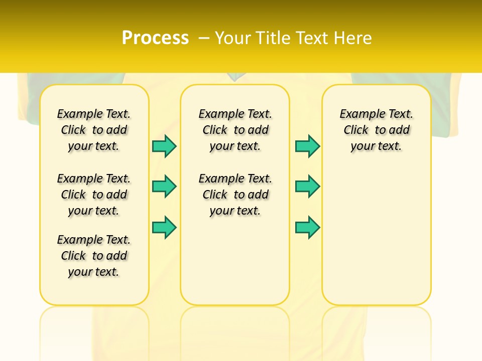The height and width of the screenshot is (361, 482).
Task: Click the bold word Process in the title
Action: (155, 38)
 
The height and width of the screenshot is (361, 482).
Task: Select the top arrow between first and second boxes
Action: (164, 146)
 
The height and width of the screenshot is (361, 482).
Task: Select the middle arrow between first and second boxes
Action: (164, 187)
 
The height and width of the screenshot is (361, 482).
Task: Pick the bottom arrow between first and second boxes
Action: (164, 228)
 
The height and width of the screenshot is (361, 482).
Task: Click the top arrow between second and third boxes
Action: (307, 146)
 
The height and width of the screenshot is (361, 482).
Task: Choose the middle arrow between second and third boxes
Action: (307, 187)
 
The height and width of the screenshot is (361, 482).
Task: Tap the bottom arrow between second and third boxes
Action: (307, 228)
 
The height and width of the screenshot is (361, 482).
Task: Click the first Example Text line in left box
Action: (94, 114)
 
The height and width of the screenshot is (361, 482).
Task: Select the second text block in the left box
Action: (94, 195)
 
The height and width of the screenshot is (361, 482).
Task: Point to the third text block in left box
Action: (94, 256)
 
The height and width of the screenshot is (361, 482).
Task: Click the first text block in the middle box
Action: (235, 130)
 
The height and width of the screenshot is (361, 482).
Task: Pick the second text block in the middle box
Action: (235, 195)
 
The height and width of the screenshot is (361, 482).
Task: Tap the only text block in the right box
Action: (376, 130)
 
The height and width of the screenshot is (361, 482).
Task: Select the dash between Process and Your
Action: (204, 38)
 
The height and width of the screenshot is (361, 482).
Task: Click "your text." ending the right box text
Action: (376, 146)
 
